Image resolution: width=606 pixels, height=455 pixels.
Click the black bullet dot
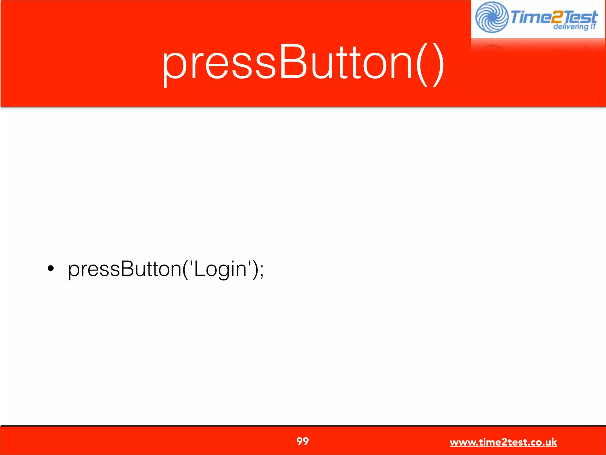tap(51, 268)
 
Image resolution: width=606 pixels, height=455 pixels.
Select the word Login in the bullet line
tap(220, 269)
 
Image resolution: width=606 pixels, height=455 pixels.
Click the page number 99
tap(302, 441)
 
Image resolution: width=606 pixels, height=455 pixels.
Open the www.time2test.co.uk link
tap(503, 442)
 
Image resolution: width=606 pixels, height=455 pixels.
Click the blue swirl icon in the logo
tap(492, 17)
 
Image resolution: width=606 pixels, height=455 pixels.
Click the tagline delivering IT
tap(574, 27)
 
